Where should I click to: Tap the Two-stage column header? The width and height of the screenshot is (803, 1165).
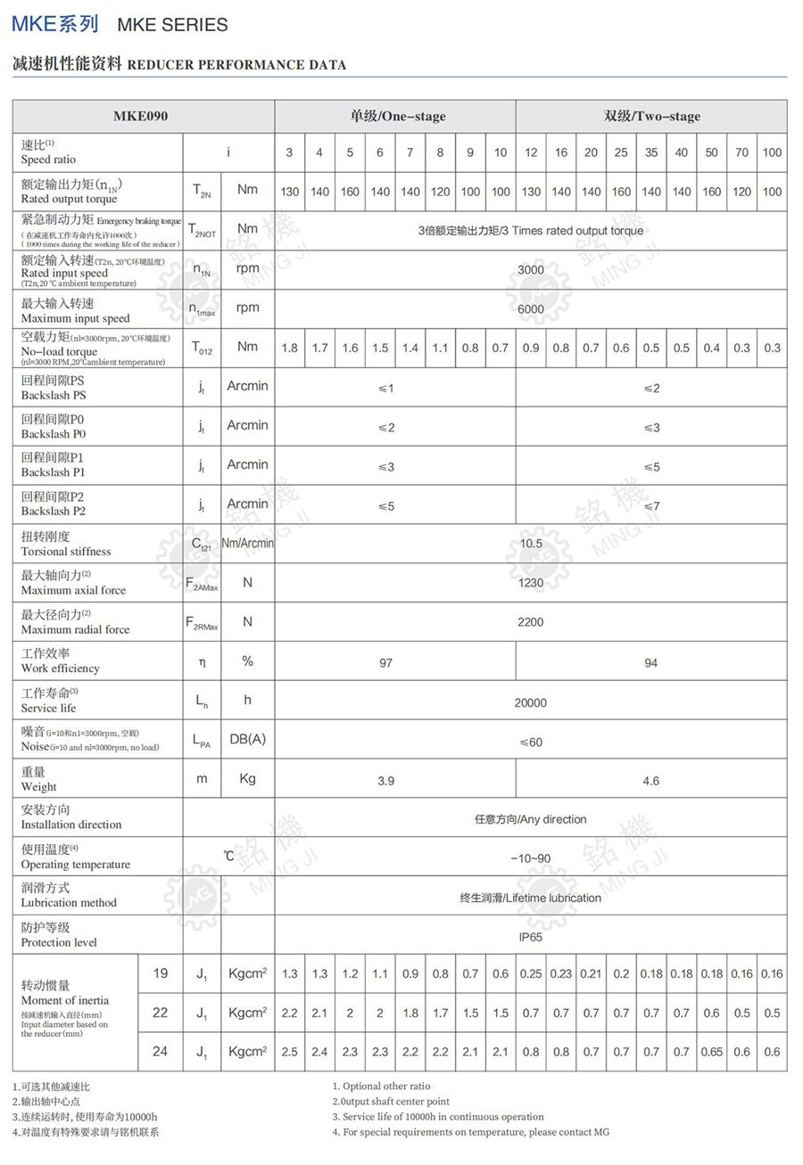(651, 116)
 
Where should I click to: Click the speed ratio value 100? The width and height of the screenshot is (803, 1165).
(772, 152)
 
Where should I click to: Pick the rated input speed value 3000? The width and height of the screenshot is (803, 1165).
(530, 268)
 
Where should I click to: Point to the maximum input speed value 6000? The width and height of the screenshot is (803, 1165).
(530, 308)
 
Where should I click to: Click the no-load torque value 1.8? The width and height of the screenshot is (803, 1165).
(289, 348)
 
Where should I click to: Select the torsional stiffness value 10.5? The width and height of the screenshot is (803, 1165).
(530, 543)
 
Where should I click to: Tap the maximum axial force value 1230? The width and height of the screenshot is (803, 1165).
(530, 582)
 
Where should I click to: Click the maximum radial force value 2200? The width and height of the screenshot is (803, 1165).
(530, 621)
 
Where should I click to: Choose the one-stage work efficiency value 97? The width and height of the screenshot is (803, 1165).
(385, 662)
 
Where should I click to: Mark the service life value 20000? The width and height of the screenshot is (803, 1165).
(530, 702)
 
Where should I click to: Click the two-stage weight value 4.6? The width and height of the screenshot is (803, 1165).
(651, 781)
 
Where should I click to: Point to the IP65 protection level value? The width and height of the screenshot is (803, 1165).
(530, 937)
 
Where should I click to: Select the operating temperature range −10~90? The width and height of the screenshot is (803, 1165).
(530, 858)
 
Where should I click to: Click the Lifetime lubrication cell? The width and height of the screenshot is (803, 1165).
(530, 898)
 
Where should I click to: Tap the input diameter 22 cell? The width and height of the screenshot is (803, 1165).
(160, 1012)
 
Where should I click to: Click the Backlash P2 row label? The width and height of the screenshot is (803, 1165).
(54, 504)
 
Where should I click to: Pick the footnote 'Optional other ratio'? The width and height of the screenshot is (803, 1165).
(381, 1086)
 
